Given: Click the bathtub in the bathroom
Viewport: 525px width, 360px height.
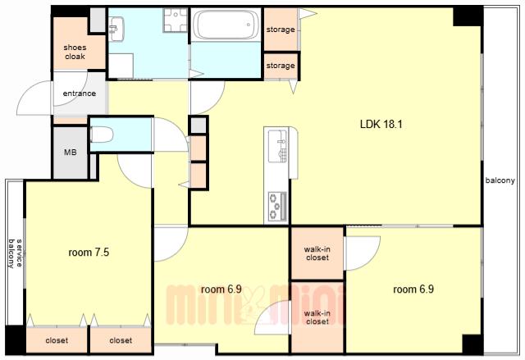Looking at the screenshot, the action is coord(226,24).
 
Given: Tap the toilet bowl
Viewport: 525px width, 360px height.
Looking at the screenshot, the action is coord(102,134).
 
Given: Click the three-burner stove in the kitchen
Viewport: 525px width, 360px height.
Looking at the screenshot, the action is coord(277,206).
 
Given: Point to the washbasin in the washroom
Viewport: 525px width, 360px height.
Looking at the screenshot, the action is coord(116,29).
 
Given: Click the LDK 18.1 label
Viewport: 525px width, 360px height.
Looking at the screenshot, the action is coord(381,125).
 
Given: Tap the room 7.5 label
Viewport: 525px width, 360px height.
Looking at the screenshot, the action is coord(89,253).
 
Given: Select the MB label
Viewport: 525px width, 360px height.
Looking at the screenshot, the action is coord(71,153).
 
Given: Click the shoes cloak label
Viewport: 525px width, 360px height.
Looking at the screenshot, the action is coord(75,52).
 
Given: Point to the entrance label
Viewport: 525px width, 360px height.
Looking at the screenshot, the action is coord(80,93).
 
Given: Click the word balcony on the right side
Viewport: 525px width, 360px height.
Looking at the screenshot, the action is coord(500,180).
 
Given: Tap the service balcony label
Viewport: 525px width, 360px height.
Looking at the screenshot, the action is coord(15,253).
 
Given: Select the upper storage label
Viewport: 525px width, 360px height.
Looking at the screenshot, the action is coord(281,30).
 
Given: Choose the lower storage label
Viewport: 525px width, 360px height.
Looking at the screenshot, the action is coord(281,66).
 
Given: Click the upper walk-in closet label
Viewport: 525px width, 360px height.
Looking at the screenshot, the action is coord(317,253).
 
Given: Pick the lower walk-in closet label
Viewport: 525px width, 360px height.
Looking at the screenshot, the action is coord(317,317).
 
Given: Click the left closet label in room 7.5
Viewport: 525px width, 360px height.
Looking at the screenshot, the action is coord(57,340).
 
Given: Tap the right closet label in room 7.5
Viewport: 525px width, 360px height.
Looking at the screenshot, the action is coord(121,340).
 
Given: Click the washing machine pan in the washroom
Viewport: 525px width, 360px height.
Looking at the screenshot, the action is coord(175,20).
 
